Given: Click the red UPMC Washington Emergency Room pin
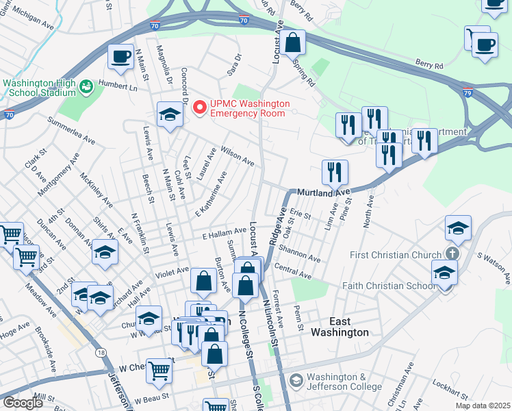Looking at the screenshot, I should click(x=200, y=108).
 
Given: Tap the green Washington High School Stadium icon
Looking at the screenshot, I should click(x=86, y=87).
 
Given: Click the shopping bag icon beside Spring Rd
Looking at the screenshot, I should click(x=292, y=42).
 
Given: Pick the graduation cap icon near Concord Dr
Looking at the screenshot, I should click(x=169, y=114).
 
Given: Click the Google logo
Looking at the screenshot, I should click(x=22, y=403).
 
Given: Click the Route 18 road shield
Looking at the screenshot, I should click(x=101, y=352).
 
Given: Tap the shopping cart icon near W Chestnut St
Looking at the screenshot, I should click(x=159, y=371).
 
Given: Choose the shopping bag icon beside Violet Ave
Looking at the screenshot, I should click(x=203, y=280).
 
